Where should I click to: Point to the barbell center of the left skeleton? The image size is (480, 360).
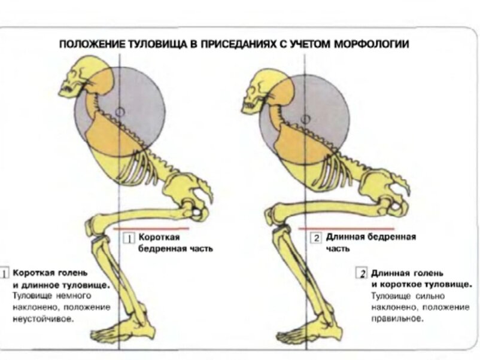click(120, 111)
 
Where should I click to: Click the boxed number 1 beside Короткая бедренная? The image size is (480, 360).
click(128, 238)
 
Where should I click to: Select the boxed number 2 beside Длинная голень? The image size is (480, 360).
click(361, 274)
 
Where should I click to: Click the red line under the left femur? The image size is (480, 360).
click(153, 228)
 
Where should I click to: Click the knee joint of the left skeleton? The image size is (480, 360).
click(96, 228)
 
